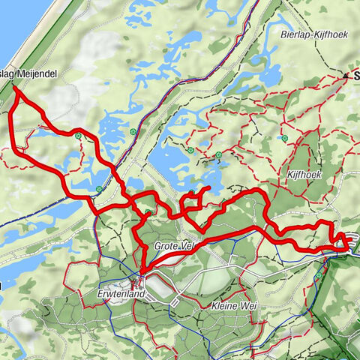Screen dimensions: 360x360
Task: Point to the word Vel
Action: coord(188,246)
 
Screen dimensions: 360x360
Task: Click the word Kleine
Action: coord(220,307)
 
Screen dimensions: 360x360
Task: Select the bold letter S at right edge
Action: coord(355,76)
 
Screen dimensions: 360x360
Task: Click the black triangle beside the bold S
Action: coord(346,76)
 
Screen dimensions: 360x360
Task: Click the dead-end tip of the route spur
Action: coord(208,187)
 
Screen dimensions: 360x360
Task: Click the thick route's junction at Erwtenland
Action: coord(140,272)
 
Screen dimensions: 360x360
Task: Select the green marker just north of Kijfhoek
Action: coord(286,138)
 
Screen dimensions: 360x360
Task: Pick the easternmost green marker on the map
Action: coord(319,275)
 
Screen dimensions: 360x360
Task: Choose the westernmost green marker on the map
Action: coord(78,136)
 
